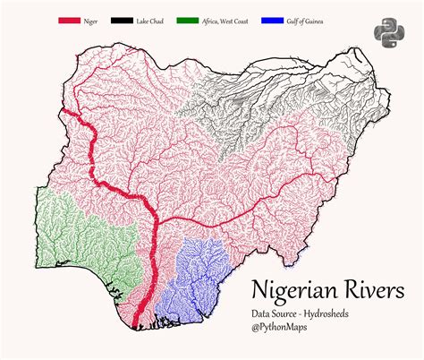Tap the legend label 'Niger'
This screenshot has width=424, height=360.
[91, 20]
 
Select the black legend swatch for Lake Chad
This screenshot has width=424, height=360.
[123, 20]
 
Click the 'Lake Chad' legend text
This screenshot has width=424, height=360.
[152, 20]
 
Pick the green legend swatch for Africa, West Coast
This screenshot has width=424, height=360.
[189, 20]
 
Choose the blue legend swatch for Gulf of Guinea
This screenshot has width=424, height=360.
[274, 20]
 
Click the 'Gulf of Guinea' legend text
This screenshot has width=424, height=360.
[307, 20]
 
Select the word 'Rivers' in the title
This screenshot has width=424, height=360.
[377, 291]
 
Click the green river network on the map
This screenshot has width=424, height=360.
[76, 237]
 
